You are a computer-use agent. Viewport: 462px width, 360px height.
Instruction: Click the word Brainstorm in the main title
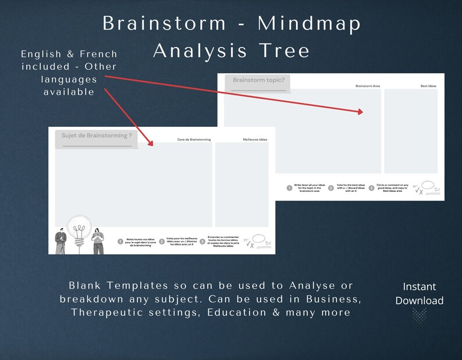(x=164, y=23)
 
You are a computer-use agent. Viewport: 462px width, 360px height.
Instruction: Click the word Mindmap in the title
(x=310, y=23)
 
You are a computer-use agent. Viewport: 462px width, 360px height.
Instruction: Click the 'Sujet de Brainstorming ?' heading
(x=97, y=136)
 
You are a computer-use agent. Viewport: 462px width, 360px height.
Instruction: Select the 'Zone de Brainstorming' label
(x=194, y=140)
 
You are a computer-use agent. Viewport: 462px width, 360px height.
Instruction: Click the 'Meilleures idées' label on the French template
(x=255, y=140)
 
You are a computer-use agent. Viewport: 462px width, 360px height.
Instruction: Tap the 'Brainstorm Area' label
(x=368, y=86)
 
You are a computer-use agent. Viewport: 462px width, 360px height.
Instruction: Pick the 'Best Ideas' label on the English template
(x=428, y=86)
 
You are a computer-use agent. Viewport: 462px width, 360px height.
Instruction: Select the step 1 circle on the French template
(x=120, y=241)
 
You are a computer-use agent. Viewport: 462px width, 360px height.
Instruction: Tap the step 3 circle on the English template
(x=372, y=188)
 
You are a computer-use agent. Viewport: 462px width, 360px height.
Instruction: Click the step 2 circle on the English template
(x=330, y=188)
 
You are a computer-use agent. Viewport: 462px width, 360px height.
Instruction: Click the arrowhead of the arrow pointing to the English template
(x=361, y=112)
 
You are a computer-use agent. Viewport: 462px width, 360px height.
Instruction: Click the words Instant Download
(x=419, y=294)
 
